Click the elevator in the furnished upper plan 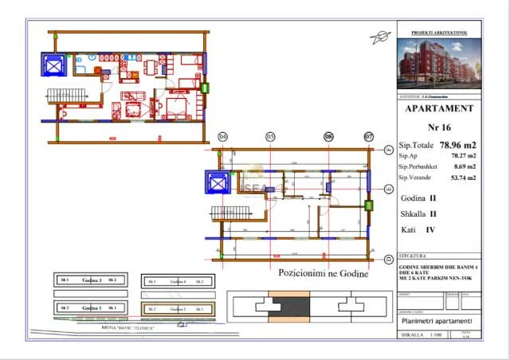53,65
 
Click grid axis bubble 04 222,137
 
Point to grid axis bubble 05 270,137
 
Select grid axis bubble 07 368,137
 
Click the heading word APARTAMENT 440,108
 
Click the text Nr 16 440,127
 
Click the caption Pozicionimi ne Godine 323,274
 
